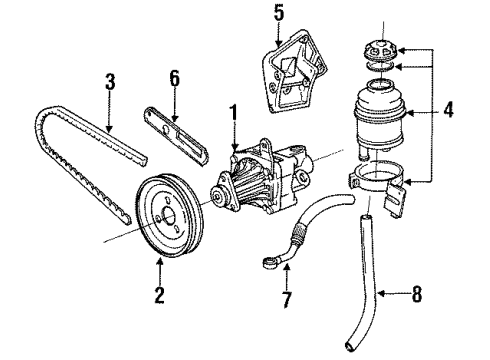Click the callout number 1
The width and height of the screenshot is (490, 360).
(234, 114)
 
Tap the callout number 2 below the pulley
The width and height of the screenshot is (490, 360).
(160, 295)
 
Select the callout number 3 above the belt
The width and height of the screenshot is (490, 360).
(110, 82)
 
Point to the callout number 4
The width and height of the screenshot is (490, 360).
(448, 109)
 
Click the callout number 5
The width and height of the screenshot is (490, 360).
(279, 13)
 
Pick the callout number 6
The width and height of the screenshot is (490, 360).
(174, 79)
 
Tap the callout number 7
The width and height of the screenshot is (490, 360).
(286, 300)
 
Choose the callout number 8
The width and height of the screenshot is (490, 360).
(417, 294)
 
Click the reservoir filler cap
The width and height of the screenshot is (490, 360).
(380, 51)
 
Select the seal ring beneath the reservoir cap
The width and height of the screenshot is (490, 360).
(380, 67)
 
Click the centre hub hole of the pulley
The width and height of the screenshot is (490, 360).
(168, 215)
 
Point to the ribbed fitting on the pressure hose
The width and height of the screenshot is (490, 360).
(298, 232)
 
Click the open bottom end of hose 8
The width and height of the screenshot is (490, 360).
(349, 347)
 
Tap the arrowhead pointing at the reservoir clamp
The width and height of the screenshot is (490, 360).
(408, 182)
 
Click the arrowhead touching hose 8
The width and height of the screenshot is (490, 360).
(381, 293)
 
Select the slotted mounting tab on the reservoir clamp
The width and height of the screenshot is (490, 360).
(395, 200)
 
